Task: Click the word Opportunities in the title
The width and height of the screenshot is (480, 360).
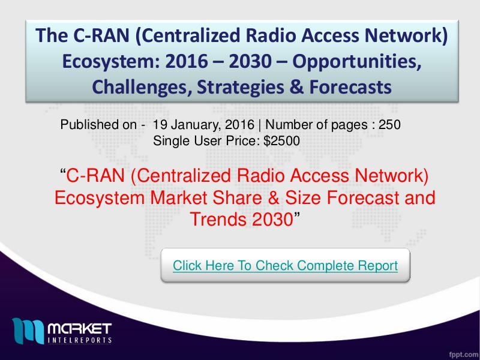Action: (356, 62)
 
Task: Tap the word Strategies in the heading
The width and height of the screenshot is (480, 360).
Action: (241, 87)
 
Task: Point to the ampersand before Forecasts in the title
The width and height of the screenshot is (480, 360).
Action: (296, 86)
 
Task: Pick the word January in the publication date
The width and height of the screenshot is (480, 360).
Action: (197, 125)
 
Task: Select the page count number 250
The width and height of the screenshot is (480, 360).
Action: (389, 125)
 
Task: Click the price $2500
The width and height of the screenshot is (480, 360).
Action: (281, 141)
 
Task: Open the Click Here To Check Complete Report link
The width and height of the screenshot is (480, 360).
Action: (286, 265)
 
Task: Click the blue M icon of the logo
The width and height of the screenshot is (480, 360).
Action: (28, 331)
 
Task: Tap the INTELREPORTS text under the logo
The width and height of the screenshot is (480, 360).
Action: (80, 340)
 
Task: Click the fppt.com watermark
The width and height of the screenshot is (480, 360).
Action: (463, 354)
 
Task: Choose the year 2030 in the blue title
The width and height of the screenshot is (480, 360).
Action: (250, 61)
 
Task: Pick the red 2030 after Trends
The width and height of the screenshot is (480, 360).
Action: (272, 219)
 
